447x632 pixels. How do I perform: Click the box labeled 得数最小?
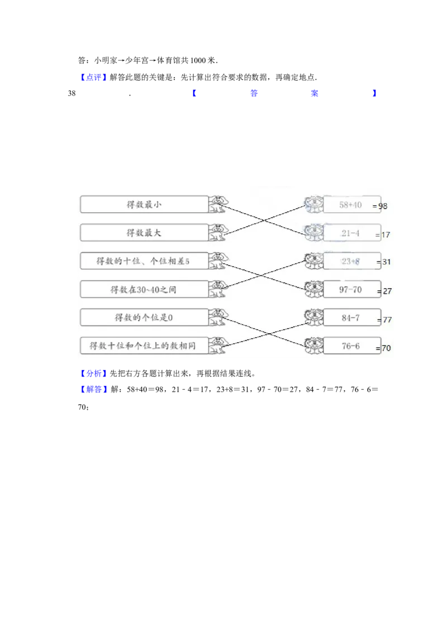click(144, 205)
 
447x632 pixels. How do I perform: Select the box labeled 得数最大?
click(144, 233)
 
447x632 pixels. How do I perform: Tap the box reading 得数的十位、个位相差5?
click(144, 261)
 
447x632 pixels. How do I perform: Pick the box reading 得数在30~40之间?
click(144, 289)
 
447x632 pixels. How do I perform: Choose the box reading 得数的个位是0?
click(144, 318)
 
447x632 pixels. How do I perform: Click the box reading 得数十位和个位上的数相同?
click(144, 346)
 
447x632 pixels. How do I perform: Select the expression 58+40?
click(351, 205)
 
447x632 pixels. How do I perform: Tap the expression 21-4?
click(351, 233)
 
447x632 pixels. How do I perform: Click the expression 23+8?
click(351, 261)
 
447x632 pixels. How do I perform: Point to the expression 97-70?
click(351, 289)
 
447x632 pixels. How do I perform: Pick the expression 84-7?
click(351, 318)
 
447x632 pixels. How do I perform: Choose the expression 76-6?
click(351, 346)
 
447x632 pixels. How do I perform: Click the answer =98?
click(381, 206)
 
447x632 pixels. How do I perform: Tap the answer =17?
click(383, 235)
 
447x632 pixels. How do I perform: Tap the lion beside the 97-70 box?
click(313, 289)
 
